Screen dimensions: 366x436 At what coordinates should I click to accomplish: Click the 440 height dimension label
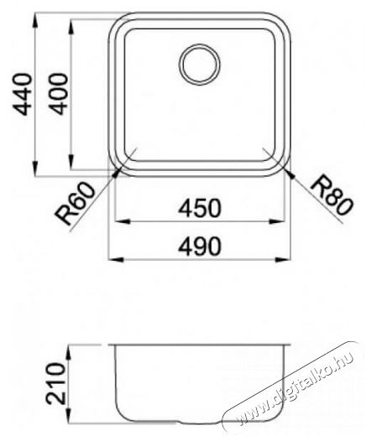22,94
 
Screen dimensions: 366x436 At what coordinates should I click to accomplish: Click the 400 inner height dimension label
58,94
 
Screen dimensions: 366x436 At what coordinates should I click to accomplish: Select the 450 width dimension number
200,208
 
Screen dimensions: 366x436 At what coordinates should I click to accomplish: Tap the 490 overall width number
200,247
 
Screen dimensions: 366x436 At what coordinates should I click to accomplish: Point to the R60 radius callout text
75,203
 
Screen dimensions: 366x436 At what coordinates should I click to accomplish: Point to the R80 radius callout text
332,195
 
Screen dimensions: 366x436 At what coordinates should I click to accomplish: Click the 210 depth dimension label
55,384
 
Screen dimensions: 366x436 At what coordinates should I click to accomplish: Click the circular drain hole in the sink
199,65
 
